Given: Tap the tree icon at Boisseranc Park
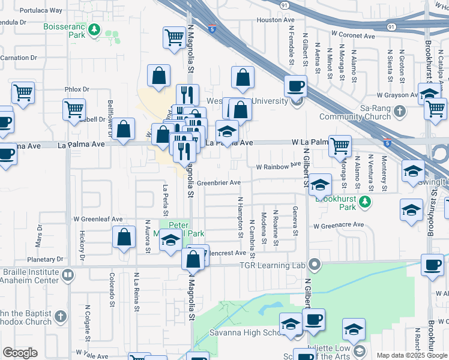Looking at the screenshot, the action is pyautogui.click(x=94, y=29).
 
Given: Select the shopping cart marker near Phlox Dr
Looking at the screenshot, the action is pyautogui.click(x=74, y=109).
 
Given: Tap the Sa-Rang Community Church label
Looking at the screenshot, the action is pyautogui.click(x=363, y=112).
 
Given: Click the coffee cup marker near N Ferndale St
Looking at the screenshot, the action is pyautogui.click(x=295, y=86).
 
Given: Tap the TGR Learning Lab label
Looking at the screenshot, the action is pyautogui.click(x=273, y=265).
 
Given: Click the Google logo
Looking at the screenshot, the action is pyautogui.click(x=20, y=353).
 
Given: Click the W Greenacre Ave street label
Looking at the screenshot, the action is pyautogui.click(x=338, y=225).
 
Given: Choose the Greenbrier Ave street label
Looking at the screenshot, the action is pyautogui.click(x=218, y=182).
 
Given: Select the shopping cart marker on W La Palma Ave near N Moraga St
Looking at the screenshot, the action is pyautogui.click(x=340, y=145).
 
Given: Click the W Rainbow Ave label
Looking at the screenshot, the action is pyautogui.click(x=277, y=166).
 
